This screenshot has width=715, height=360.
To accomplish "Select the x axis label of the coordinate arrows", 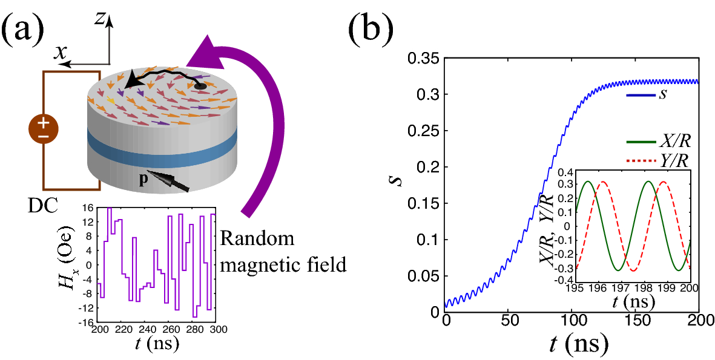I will click(60, 53).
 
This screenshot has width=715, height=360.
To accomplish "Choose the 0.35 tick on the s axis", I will click(425, 59).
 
